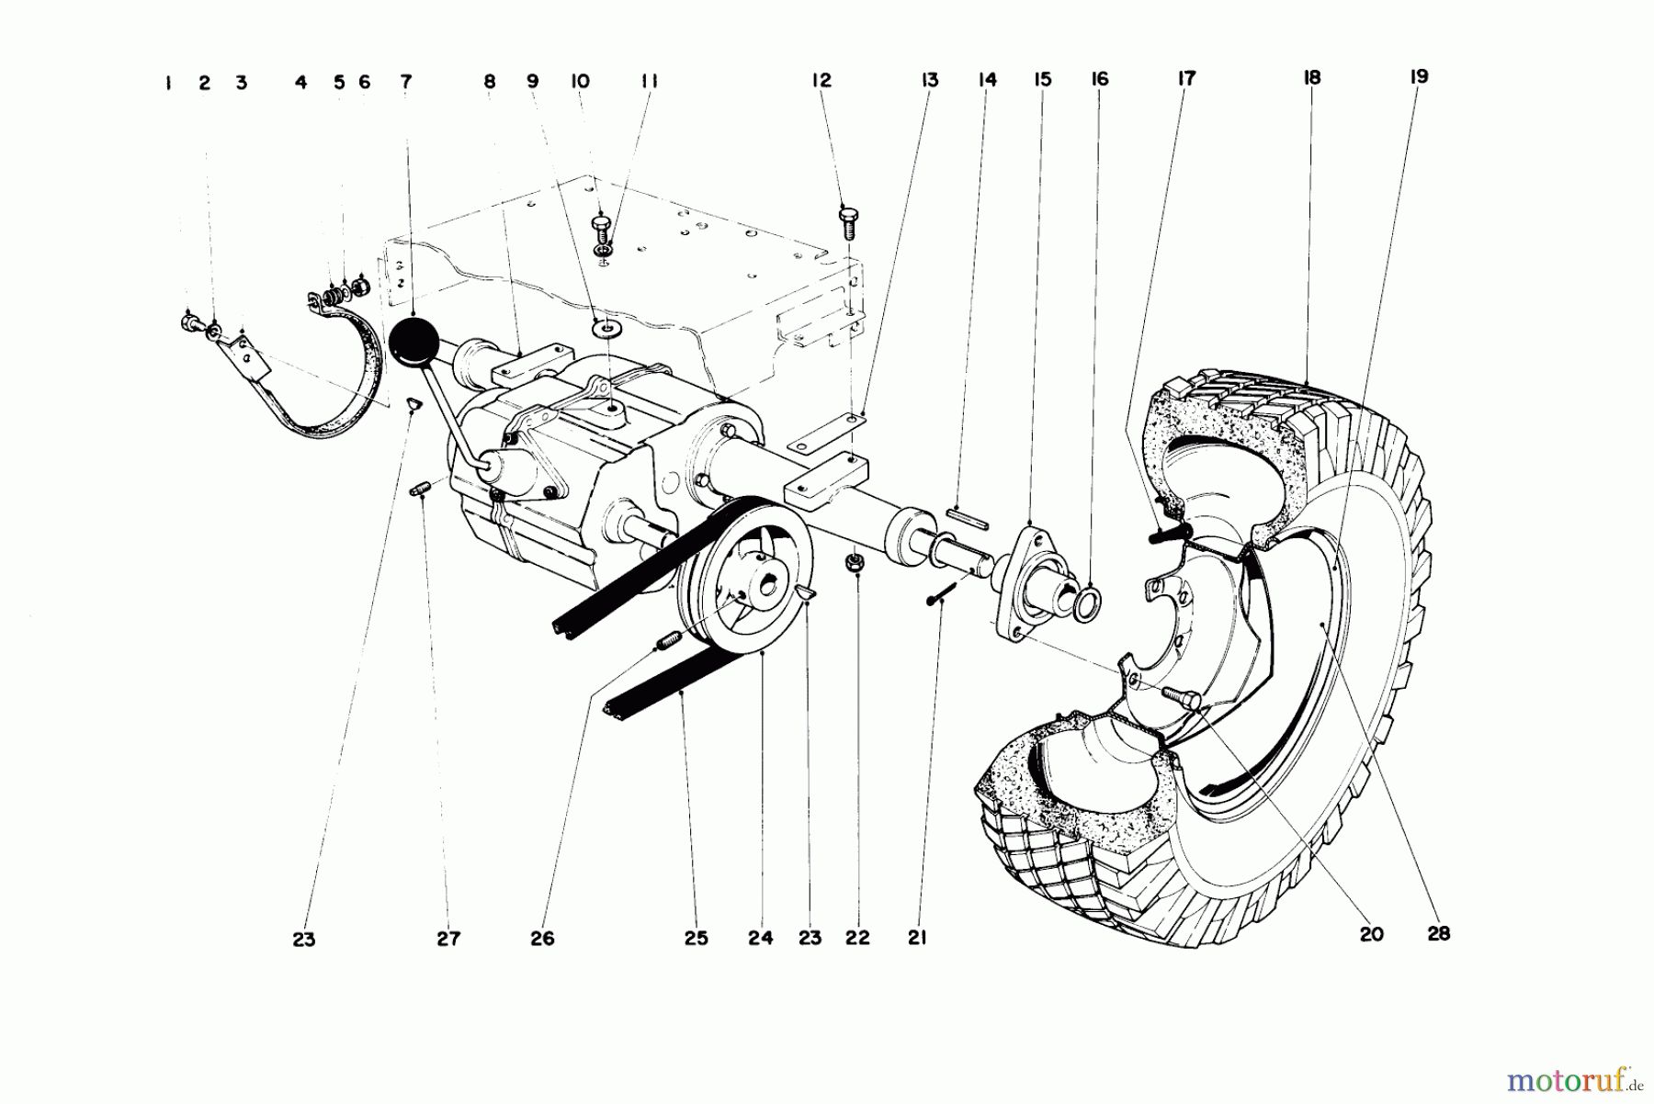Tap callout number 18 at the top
click(x=1312, y=78)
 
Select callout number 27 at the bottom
click(x=448, y=939)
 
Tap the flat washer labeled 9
click(x=606, y=327)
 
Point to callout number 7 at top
click(x=406, y=82)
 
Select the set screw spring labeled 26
click(x=668, y=639)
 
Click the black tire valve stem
click(x=1167, y=535)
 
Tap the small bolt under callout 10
click(x=600, y=227)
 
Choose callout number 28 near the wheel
click(x=1438, y=933)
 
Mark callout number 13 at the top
click(x=930, y=81)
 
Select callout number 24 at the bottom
click(x=760, y=938)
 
